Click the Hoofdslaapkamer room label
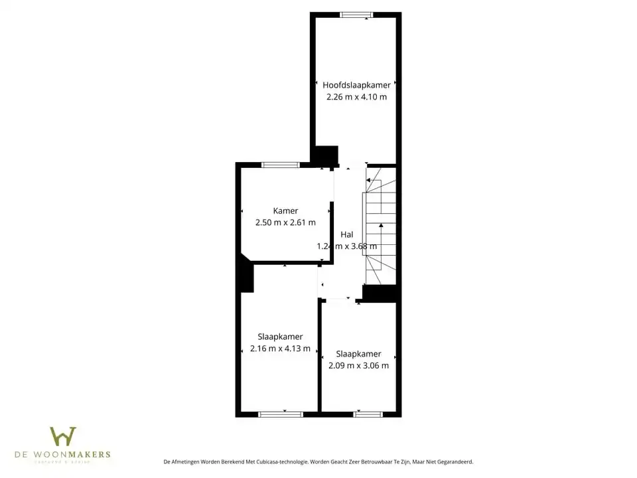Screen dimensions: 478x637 click(x=356, y=85)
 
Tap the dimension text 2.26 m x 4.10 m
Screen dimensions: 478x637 click(x=356, y=97)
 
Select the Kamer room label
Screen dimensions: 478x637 click(x=285, y=211)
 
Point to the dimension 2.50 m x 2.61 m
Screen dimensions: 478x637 click(x=285, y=223)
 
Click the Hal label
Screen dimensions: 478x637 click(x=346, y=234)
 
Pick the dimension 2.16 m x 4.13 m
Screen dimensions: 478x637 click(x=280, y=349)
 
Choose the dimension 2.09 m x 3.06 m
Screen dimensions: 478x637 click(x=358, y=365)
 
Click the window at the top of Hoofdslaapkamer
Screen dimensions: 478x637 click(x=357, y=15)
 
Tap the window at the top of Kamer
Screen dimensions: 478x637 click(x=281, y=165)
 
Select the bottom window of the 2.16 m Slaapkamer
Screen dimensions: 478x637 click(x=280, y=414)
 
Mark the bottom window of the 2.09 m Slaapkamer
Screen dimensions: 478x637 click(x=368, y=414)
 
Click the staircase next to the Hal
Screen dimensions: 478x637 click(x=380, y=226)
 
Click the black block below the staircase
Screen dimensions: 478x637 click(x=380, y=293)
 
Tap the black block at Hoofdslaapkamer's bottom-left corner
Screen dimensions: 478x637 click(x=324, y=156)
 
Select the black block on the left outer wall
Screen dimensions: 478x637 click(x=246, y=275)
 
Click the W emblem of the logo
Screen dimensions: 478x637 click(x=63, y=436)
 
